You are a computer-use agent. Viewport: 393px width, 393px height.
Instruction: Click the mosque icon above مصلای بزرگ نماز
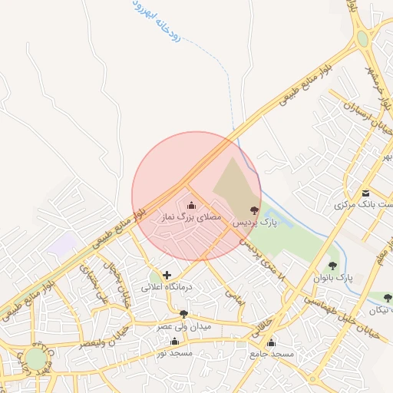coord(191,205)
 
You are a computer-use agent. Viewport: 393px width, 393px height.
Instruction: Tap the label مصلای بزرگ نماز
coord(190,218)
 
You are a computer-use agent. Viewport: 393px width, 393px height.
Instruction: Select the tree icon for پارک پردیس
coord(255,210)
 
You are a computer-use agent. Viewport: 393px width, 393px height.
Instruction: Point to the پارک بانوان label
coord(332,277)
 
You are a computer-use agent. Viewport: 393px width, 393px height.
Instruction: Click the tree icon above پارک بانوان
coord(332,266)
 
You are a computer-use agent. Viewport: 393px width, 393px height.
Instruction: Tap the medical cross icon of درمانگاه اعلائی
coord(167,275)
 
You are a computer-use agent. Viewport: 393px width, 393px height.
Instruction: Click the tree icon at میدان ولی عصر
coord(183,314)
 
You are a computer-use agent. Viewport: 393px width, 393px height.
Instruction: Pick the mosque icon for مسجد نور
coord(174,342)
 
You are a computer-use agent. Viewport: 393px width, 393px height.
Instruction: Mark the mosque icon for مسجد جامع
coord(271,342)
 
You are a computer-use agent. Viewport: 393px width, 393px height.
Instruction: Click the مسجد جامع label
coord(272,354)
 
